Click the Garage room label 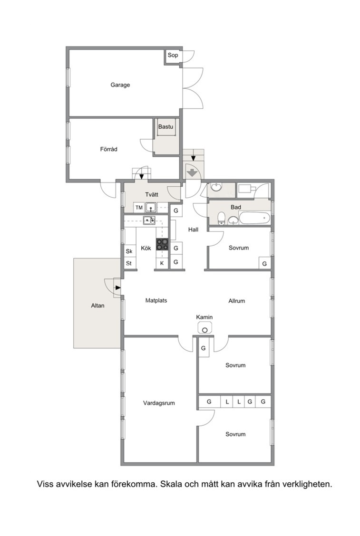(120, 85)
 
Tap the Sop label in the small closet (173, 55)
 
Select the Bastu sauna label (165, 126)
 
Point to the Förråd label (109, 149)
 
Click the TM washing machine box (139, 208)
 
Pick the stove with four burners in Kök (163, 244)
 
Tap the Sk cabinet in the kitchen (129, 251)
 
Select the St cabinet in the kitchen (129, 263)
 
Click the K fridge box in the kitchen (162, 263)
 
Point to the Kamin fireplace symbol (204, 328)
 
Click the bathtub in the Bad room (254, 218)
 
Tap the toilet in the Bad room (222, 218)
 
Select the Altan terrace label (97, 306)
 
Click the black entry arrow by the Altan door (118, 287)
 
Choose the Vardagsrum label (159, 403)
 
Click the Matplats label (156, 300)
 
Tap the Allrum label (237, 301)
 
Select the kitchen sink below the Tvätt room (149, 220)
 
